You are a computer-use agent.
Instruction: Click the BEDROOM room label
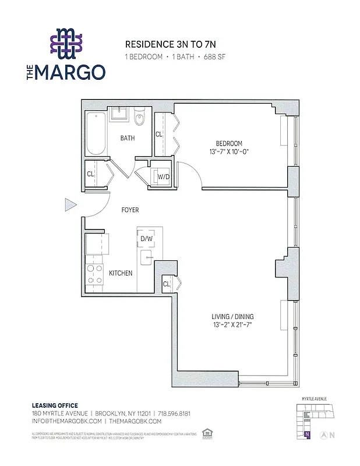point(229,144)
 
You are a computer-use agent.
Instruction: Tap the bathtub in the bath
point(95,135)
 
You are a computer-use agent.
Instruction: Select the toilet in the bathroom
point(139,119)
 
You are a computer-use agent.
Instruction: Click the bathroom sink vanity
point(119,113)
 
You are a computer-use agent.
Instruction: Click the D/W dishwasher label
point(146,238)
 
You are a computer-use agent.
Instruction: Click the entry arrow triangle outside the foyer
point(70,204)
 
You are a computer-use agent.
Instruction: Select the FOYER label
point(129,210)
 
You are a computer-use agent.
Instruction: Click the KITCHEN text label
point(121,273)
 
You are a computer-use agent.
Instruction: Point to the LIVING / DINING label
point(232,317)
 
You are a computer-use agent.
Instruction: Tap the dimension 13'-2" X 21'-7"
point(232,325)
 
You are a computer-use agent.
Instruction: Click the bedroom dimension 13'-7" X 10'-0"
point(229,152)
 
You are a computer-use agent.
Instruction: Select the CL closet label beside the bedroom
point(158,135)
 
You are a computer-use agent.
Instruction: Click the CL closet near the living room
point(166,284)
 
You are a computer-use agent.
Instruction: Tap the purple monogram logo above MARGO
point(65,44)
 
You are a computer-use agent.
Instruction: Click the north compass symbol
point(331,435)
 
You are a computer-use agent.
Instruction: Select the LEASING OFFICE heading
point(54,405)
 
